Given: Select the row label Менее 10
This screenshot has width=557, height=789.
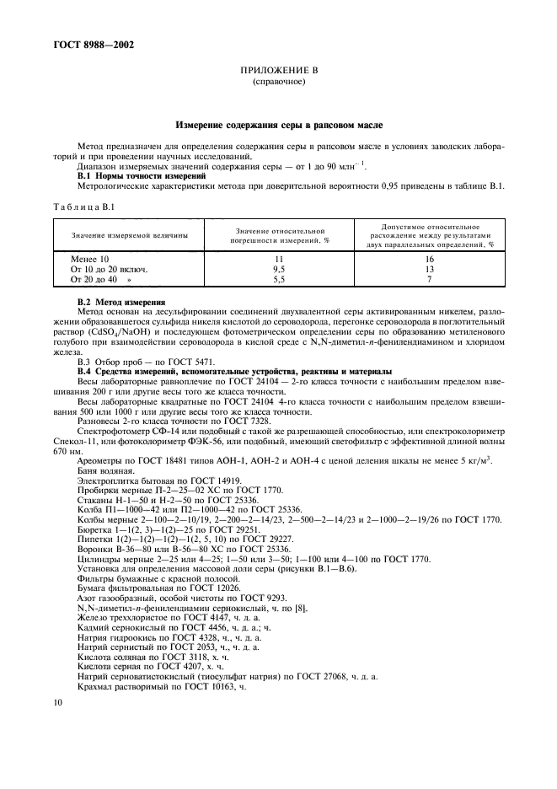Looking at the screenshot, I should coord(90,259).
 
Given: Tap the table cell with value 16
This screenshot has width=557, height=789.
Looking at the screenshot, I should coord(428,259).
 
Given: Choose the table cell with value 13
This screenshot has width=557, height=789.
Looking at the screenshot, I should coord(428,268).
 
